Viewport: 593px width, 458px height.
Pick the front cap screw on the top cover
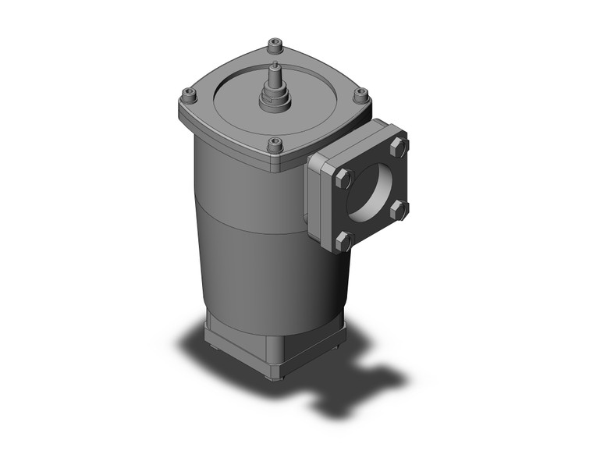pyautogui.click(x=275, y=144)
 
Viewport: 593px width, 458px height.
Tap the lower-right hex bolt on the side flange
pyautogui.click(x=398, y=208)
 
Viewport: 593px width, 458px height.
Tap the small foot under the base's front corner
pyautogui.click(x=272, y=376)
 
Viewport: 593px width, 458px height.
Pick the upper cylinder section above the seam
pyautogui.click(x=250, y=187)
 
